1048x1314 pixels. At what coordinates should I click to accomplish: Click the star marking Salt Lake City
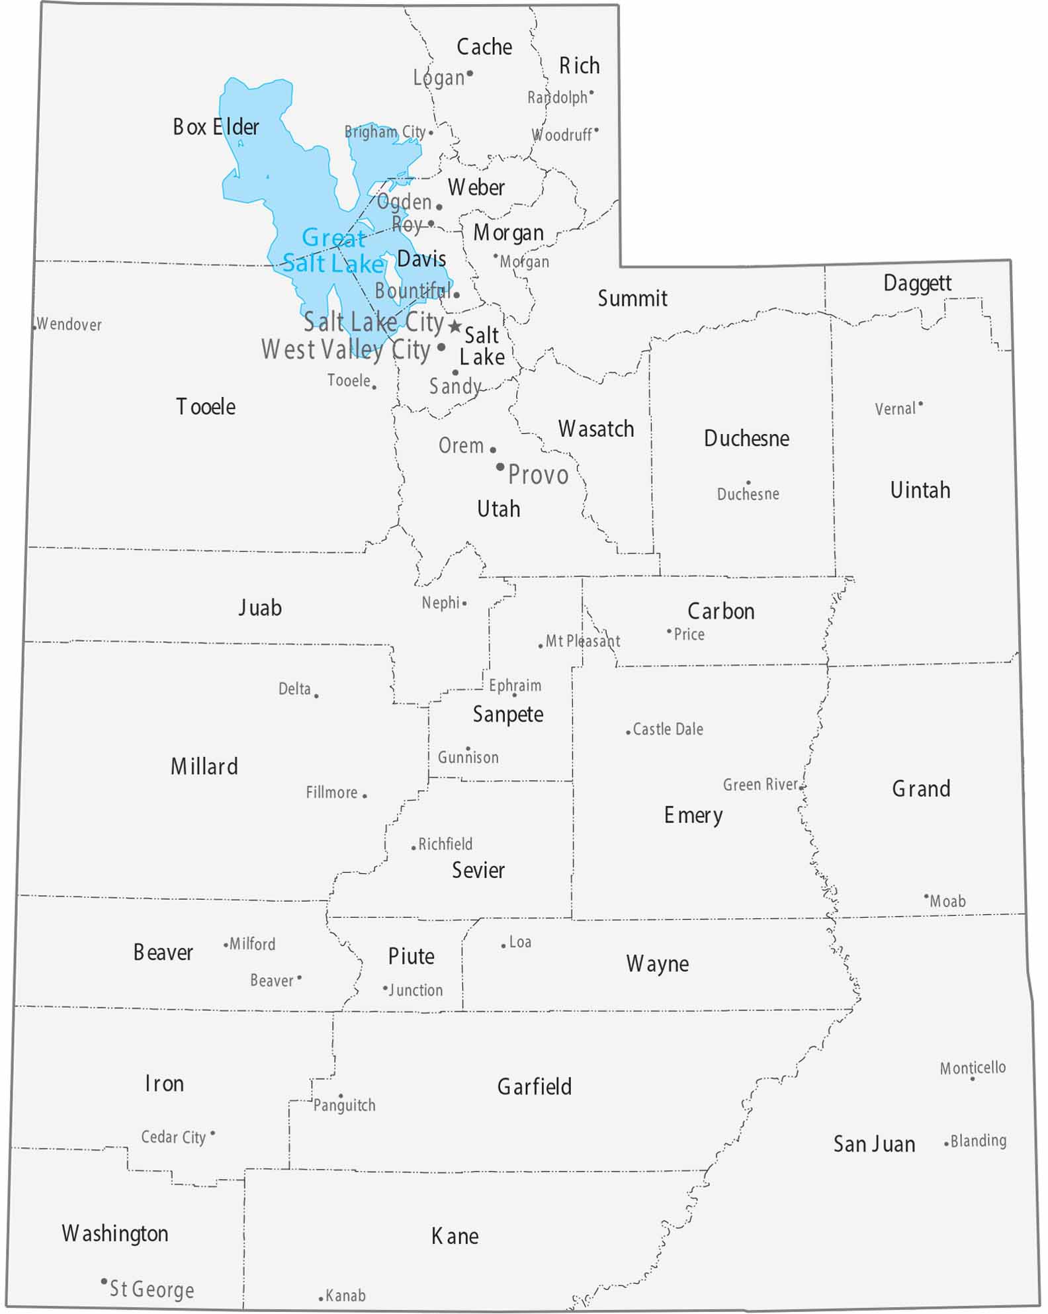tap(455, 326)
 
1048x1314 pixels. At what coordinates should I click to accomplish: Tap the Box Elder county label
tap(216, 126)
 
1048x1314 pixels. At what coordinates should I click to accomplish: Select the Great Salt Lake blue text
tap(333, 251)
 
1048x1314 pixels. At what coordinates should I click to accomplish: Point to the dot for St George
tap(104, 1281)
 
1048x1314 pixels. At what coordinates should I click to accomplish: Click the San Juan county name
tap(874, 1144)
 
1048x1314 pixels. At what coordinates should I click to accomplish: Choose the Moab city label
tap(947, 901)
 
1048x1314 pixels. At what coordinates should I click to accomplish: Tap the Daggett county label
tap(917, 283)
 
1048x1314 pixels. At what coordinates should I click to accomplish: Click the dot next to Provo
tap(500, 467)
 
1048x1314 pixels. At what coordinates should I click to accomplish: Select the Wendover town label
tap(69, 324)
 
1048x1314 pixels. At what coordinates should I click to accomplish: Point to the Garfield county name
tap(534, 1086)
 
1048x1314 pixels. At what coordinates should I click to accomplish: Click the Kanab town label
tap(345, 1295)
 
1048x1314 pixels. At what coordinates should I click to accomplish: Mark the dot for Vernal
tap(920, 404)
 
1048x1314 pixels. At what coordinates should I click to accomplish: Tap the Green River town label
tap(760, 785)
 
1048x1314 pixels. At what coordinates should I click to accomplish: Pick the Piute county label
tap(411, 956)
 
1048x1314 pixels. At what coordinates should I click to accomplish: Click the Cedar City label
tap(173, 1137)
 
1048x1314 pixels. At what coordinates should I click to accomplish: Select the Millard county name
tap(204, 766)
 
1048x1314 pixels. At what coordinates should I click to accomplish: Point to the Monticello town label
tap(973, 1068)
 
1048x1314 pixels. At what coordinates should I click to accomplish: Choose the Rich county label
tap(579, 66)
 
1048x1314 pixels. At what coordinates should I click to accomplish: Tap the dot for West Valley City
tap(441, 347)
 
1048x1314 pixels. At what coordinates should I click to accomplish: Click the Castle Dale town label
tap(668, 729)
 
